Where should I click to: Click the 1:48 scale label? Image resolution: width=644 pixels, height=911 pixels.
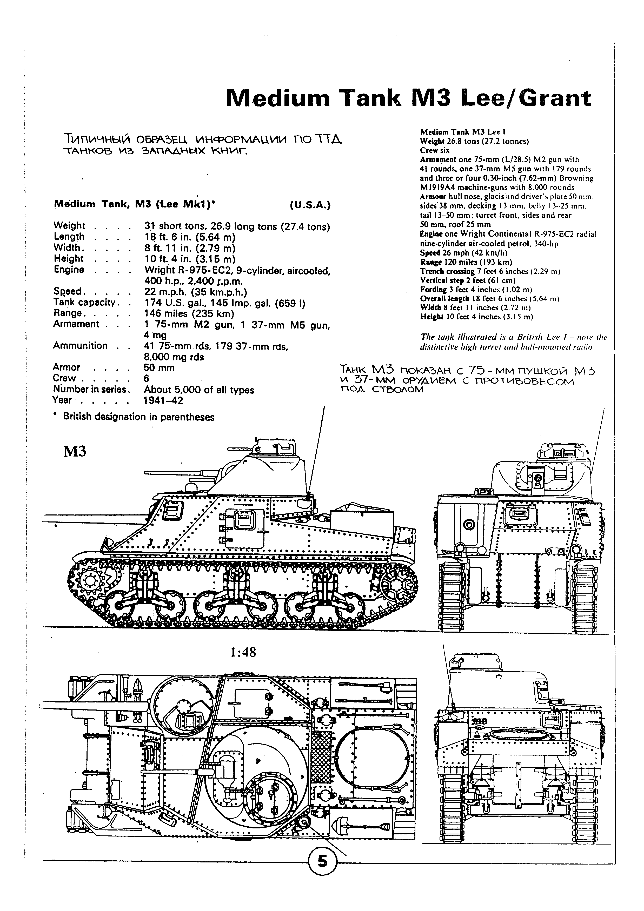click(243, 652)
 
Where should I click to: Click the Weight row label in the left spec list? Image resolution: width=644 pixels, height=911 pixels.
click(69, 226)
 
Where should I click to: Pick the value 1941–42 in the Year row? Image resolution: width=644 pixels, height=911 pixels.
click(163, 400)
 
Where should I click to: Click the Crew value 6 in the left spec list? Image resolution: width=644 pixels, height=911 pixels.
click(147, 379)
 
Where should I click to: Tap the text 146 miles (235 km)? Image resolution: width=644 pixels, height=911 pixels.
click(189, 313)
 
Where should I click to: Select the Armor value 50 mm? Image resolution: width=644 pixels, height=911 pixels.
click(159, 368)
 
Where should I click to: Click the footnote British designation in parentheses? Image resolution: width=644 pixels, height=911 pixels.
click(138, 417)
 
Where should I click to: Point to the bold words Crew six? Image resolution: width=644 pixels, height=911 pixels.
click(435, 150)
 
